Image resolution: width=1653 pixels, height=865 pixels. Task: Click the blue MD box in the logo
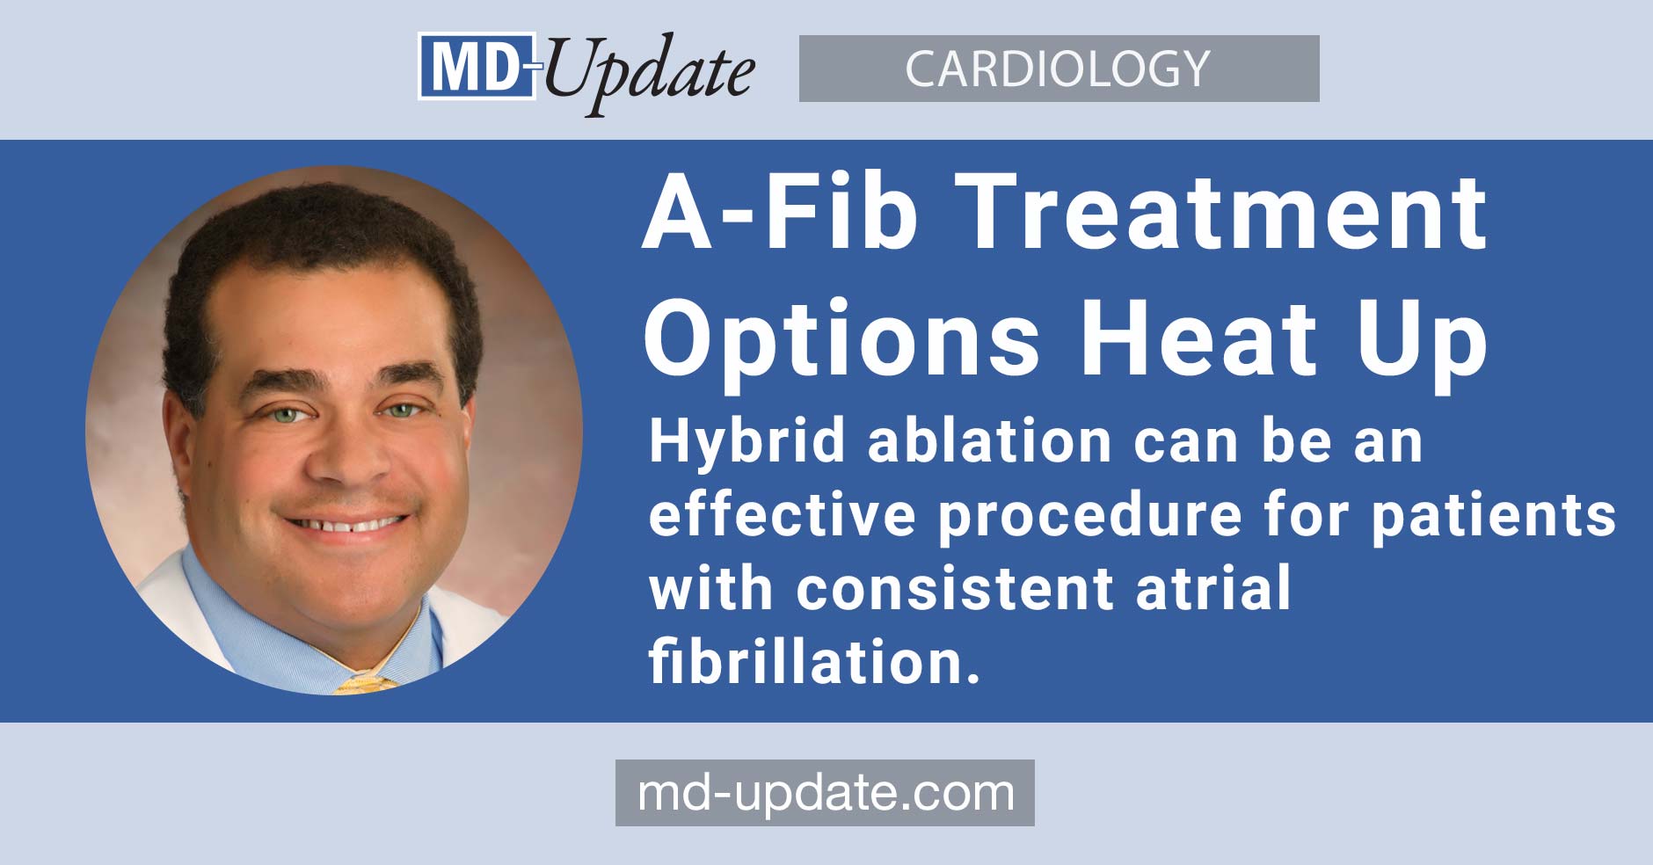click(476, 66)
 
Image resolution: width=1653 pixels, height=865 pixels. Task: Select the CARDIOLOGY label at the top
click(1058, 69)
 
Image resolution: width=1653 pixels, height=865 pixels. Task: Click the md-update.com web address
click(825, 793)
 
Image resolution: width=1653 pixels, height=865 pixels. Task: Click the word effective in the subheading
click(783, 515)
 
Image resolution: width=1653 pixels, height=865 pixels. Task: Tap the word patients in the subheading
click(1494, 516)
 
